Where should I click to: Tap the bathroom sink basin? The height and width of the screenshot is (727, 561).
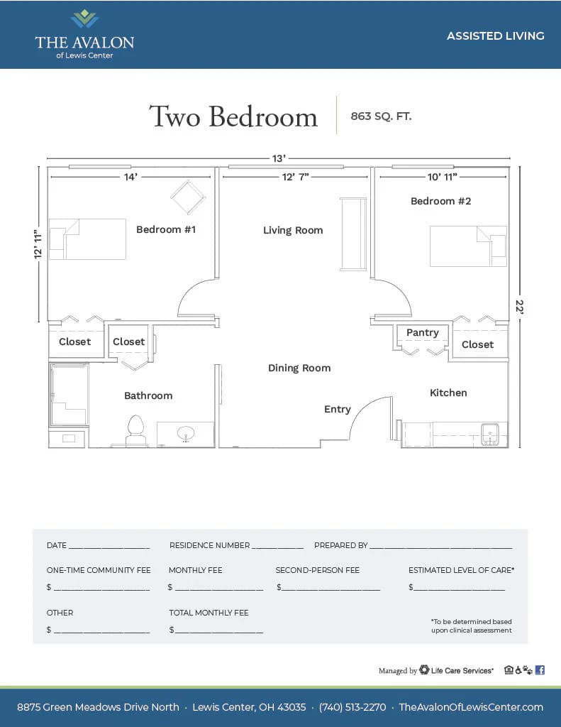186,434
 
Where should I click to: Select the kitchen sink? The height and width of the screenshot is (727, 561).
489,434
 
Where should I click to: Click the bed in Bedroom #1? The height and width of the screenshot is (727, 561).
87,239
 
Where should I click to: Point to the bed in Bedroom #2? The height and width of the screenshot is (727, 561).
468,246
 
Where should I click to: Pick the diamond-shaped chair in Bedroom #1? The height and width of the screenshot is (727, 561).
188,197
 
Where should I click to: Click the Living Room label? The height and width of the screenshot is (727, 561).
293,231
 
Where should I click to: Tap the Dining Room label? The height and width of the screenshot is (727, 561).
299,368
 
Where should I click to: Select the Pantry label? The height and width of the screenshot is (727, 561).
423,332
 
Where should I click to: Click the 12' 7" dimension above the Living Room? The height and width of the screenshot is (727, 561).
296,177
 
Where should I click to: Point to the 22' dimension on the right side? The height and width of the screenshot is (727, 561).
520,307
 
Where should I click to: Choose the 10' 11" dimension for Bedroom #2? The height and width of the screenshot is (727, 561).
442,177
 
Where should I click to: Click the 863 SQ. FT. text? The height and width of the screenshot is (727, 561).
381,116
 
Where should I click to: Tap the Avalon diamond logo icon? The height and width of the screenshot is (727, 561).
85,18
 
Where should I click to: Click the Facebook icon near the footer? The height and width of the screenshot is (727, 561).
540,670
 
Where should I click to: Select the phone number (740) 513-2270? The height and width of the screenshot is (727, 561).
352,707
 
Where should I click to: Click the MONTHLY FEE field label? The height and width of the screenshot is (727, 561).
196,570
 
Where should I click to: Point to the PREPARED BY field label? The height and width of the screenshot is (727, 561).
341,545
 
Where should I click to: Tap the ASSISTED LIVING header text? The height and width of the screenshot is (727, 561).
495,35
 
